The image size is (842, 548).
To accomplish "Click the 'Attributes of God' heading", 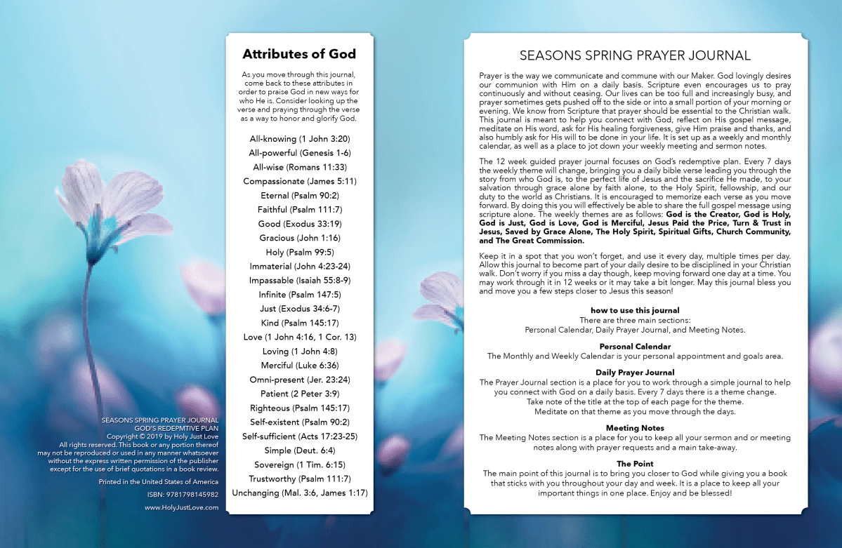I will point(299,54).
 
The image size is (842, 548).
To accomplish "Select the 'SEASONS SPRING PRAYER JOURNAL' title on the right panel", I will point(635,55).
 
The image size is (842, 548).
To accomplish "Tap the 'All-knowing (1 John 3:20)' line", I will point(299,138).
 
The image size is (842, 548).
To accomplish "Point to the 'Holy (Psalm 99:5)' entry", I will point(299,252).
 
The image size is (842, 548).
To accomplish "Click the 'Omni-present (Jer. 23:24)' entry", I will point(299,380).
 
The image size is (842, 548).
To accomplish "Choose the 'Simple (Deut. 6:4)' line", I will point(299,450).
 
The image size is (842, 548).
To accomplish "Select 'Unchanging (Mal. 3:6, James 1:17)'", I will point(299,493).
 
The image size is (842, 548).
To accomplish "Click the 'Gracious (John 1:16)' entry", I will point(299,238).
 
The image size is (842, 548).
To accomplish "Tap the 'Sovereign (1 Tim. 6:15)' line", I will point(299,465).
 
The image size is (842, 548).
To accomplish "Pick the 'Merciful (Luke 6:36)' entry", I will point(299,366).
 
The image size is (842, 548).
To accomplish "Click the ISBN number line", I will point(183,495).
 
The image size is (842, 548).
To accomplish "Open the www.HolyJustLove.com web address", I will point(181,507).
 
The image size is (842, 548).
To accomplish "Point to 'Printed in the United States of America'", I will point(159,482).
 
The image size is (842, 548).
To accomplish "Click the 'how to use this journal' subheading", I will point(635,310).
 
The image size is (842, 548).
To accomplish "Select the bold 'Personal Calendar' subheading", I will point(635,347).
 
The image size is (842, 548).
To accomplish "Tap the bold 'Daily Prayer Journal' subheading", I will point(635,373).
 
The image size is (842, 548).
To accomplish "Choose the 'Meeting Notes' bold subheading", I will point(635,428).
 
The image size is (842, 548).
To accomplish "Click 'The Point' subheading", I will point(635,464).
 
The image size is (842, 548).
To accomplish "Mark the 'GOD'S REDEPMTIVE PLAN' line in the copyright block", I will point(176,427).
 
